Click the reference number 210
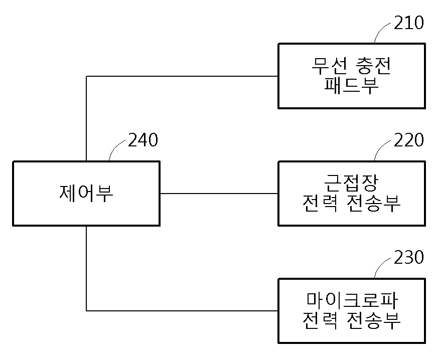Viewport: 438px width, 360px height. click(x=409, y=23)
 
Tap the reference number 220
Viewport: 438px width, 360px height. click(x=409, y=140)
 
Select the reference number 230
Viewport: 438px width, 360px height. click(x=409, y=257)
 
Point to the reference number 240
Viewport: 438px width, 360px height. click(x=143, y=140)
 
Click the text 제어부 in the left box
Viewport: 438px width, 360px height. click(x=86, y=193)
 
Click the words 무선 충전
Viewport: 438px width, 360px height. click(x=351, y=66)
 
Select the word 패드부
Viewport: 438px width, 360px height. click(x=351, y=85)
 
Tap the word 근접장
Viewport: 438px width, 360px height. click(x=351, y=183)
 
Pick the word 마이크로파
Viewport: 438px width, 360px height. click(x=351, y=300)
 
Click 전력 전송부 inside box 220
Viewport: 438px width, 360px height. click(x=351, y=203)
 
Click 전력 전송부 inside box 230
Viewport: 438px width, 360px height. click(x=351, y=320)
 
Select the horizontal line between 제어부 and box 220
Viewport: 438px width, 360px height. click(x=219, y=193)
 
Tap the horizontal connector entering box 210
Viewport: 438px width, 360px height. click(x=182, y=76)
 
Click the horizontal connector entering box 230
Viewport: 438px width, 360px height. click(x=182, y=310)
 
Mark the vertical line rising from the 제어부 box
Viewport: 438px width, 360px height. click(x=86, y=118)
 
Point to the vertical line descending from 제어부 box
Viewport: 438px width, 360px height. click(x=86, y=268)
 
